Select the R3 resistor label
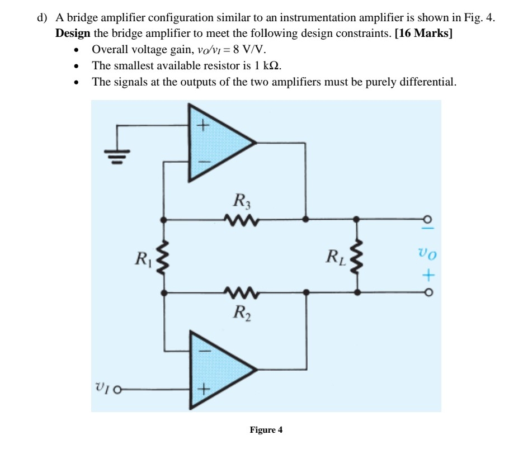click(x=238, y=200)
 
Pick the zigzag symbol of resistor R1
click(x=163, y=256)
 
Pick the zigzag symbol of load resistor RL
click(x=359, y=256)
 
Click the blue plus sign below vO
click(x=428, y=275)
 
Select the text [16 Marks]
click(x=423, y=33)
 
